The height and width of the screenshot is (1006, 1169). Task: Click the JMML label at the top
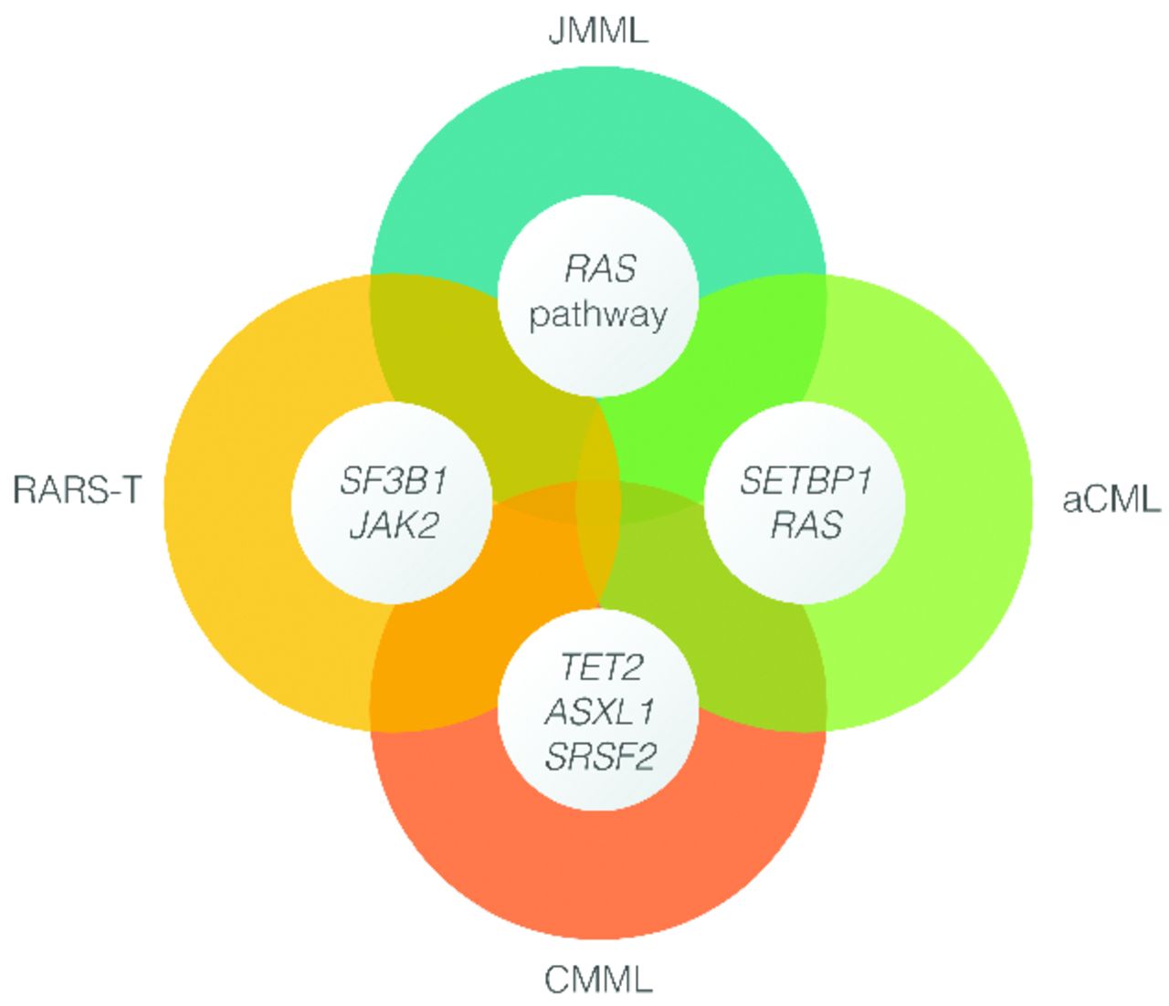598,31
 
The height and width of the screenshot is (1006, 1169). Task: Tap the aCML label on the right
1111,500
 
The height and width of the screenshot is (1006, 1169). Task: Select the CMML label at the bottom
598,980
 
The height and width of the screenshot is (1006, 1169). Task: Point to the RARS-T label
77,490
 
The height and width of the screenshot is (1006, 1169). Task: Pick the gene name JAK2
394,526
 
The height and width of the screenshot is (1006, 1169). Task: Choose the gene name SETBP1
805,480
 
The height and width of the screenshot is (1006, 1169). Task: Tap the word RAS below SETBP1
806,526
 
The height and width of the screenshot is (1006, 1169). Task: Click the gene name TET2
600,667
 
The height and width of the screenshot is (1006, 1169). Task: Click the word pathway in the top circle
598,316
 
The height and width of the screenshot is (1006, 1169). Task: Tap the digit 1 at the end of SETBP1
861,480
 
